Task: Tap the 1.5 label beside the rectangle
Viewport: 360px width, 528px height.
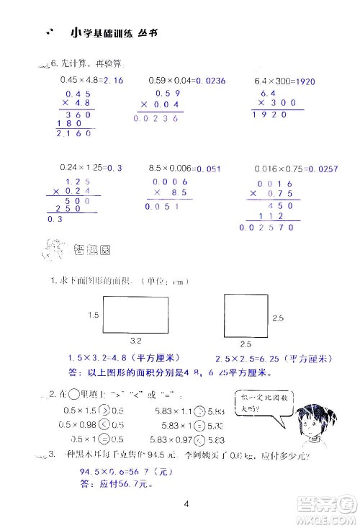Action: (93, 315)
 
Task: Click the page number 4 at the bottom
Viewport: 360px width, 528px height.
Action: (186, 503)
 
